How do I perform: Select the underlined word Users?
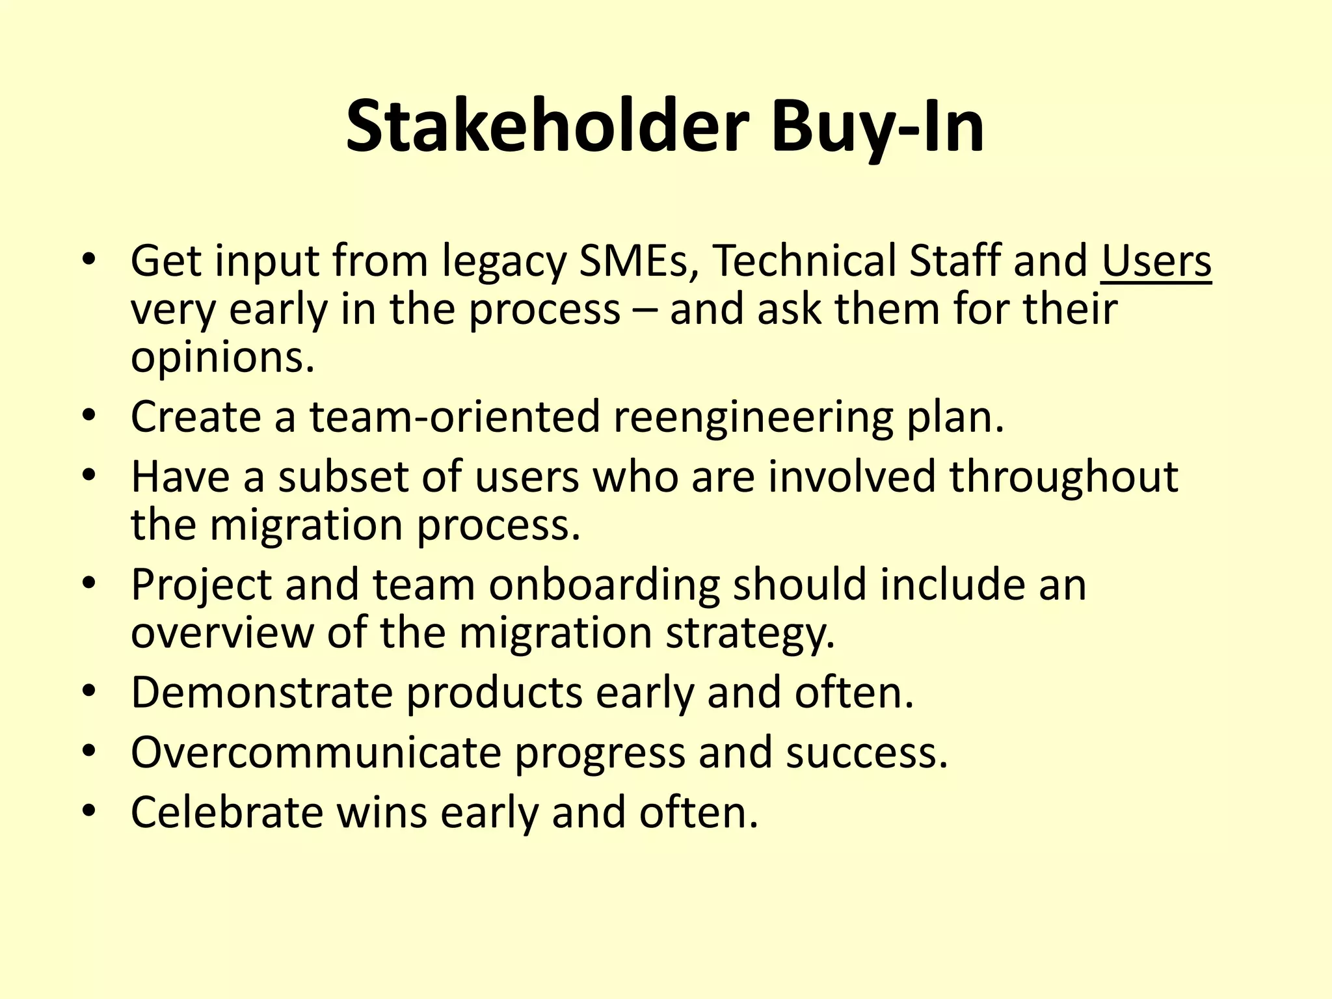point(1156,261)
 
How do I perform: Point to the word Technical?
point(803,261)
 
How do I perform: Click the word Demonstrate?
point(261,692)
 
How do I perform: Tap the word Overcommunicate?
point(316,753)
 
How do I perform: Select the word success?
point(866,753)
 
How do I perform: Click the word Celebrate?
point(226,812)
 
